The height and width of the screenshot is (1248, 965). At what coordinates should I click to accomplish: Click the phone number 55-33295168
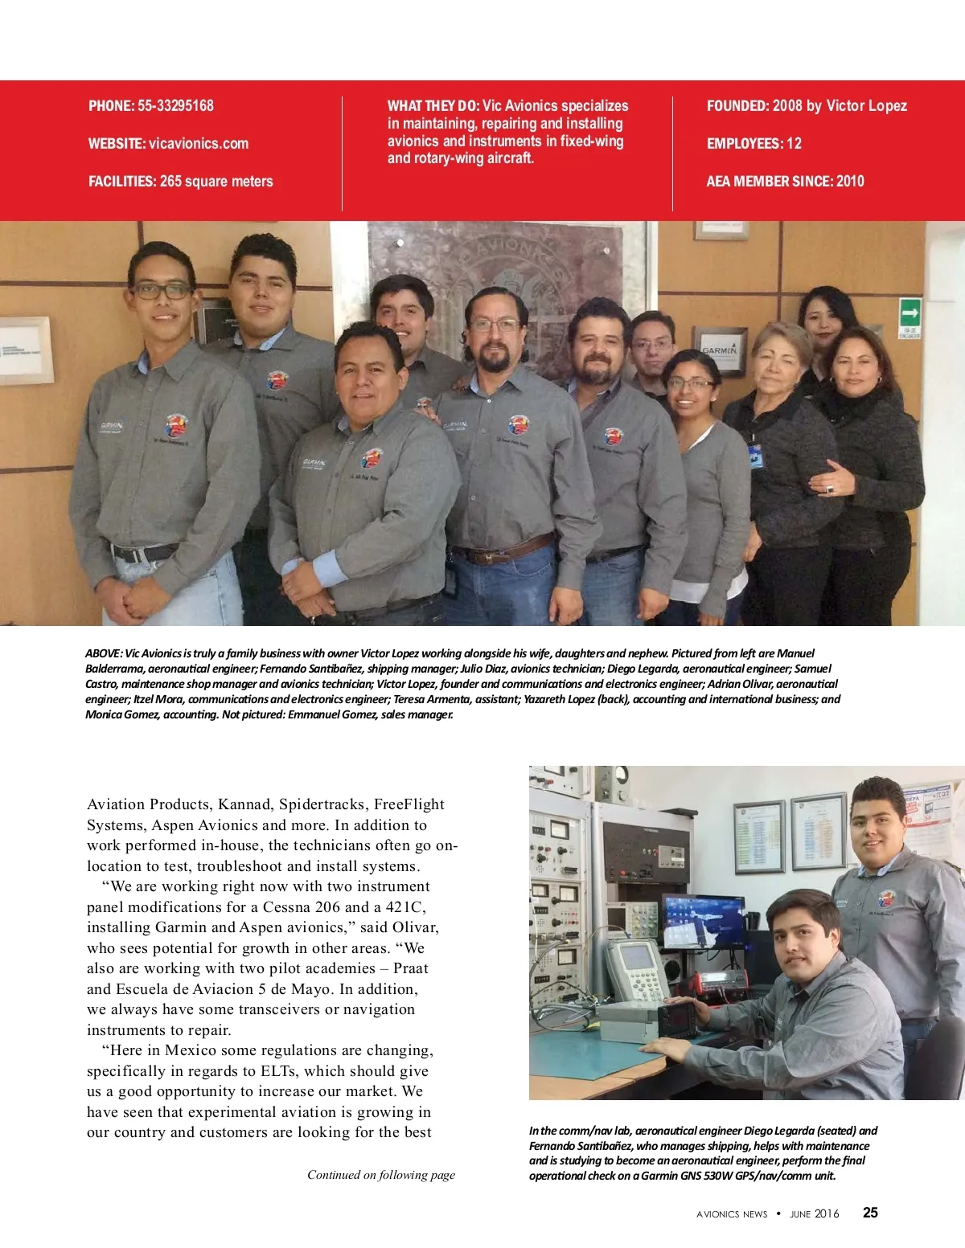coord(175,106)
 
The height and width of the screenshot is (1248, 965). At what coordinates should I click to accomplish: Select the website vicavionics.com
coord(199,144)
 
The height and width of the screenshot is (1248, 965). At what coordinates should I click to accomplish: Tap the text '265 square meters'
coord(216,182)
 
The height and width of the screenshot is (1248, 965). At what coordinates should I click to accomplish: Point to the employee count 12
coord(794,144)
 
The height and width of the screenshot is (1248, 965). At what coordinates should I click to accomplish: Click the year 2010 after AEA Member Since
coord(850,182)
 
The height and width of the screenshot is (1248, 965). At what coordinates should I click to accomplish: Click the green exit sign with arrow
coord(910,311)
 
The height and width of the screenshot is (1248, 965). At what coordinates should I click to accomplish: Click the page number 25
coord(870,1213)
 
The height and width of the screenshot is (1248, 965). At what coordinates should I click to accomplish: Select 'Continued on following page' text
coord(381,1175)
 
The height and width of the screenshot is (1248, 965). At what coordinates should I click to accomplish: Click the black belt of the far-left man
coord(145,553)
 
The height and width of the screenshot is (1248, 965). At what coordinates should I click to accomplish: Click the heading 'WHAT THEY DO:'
coord(433,106)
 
